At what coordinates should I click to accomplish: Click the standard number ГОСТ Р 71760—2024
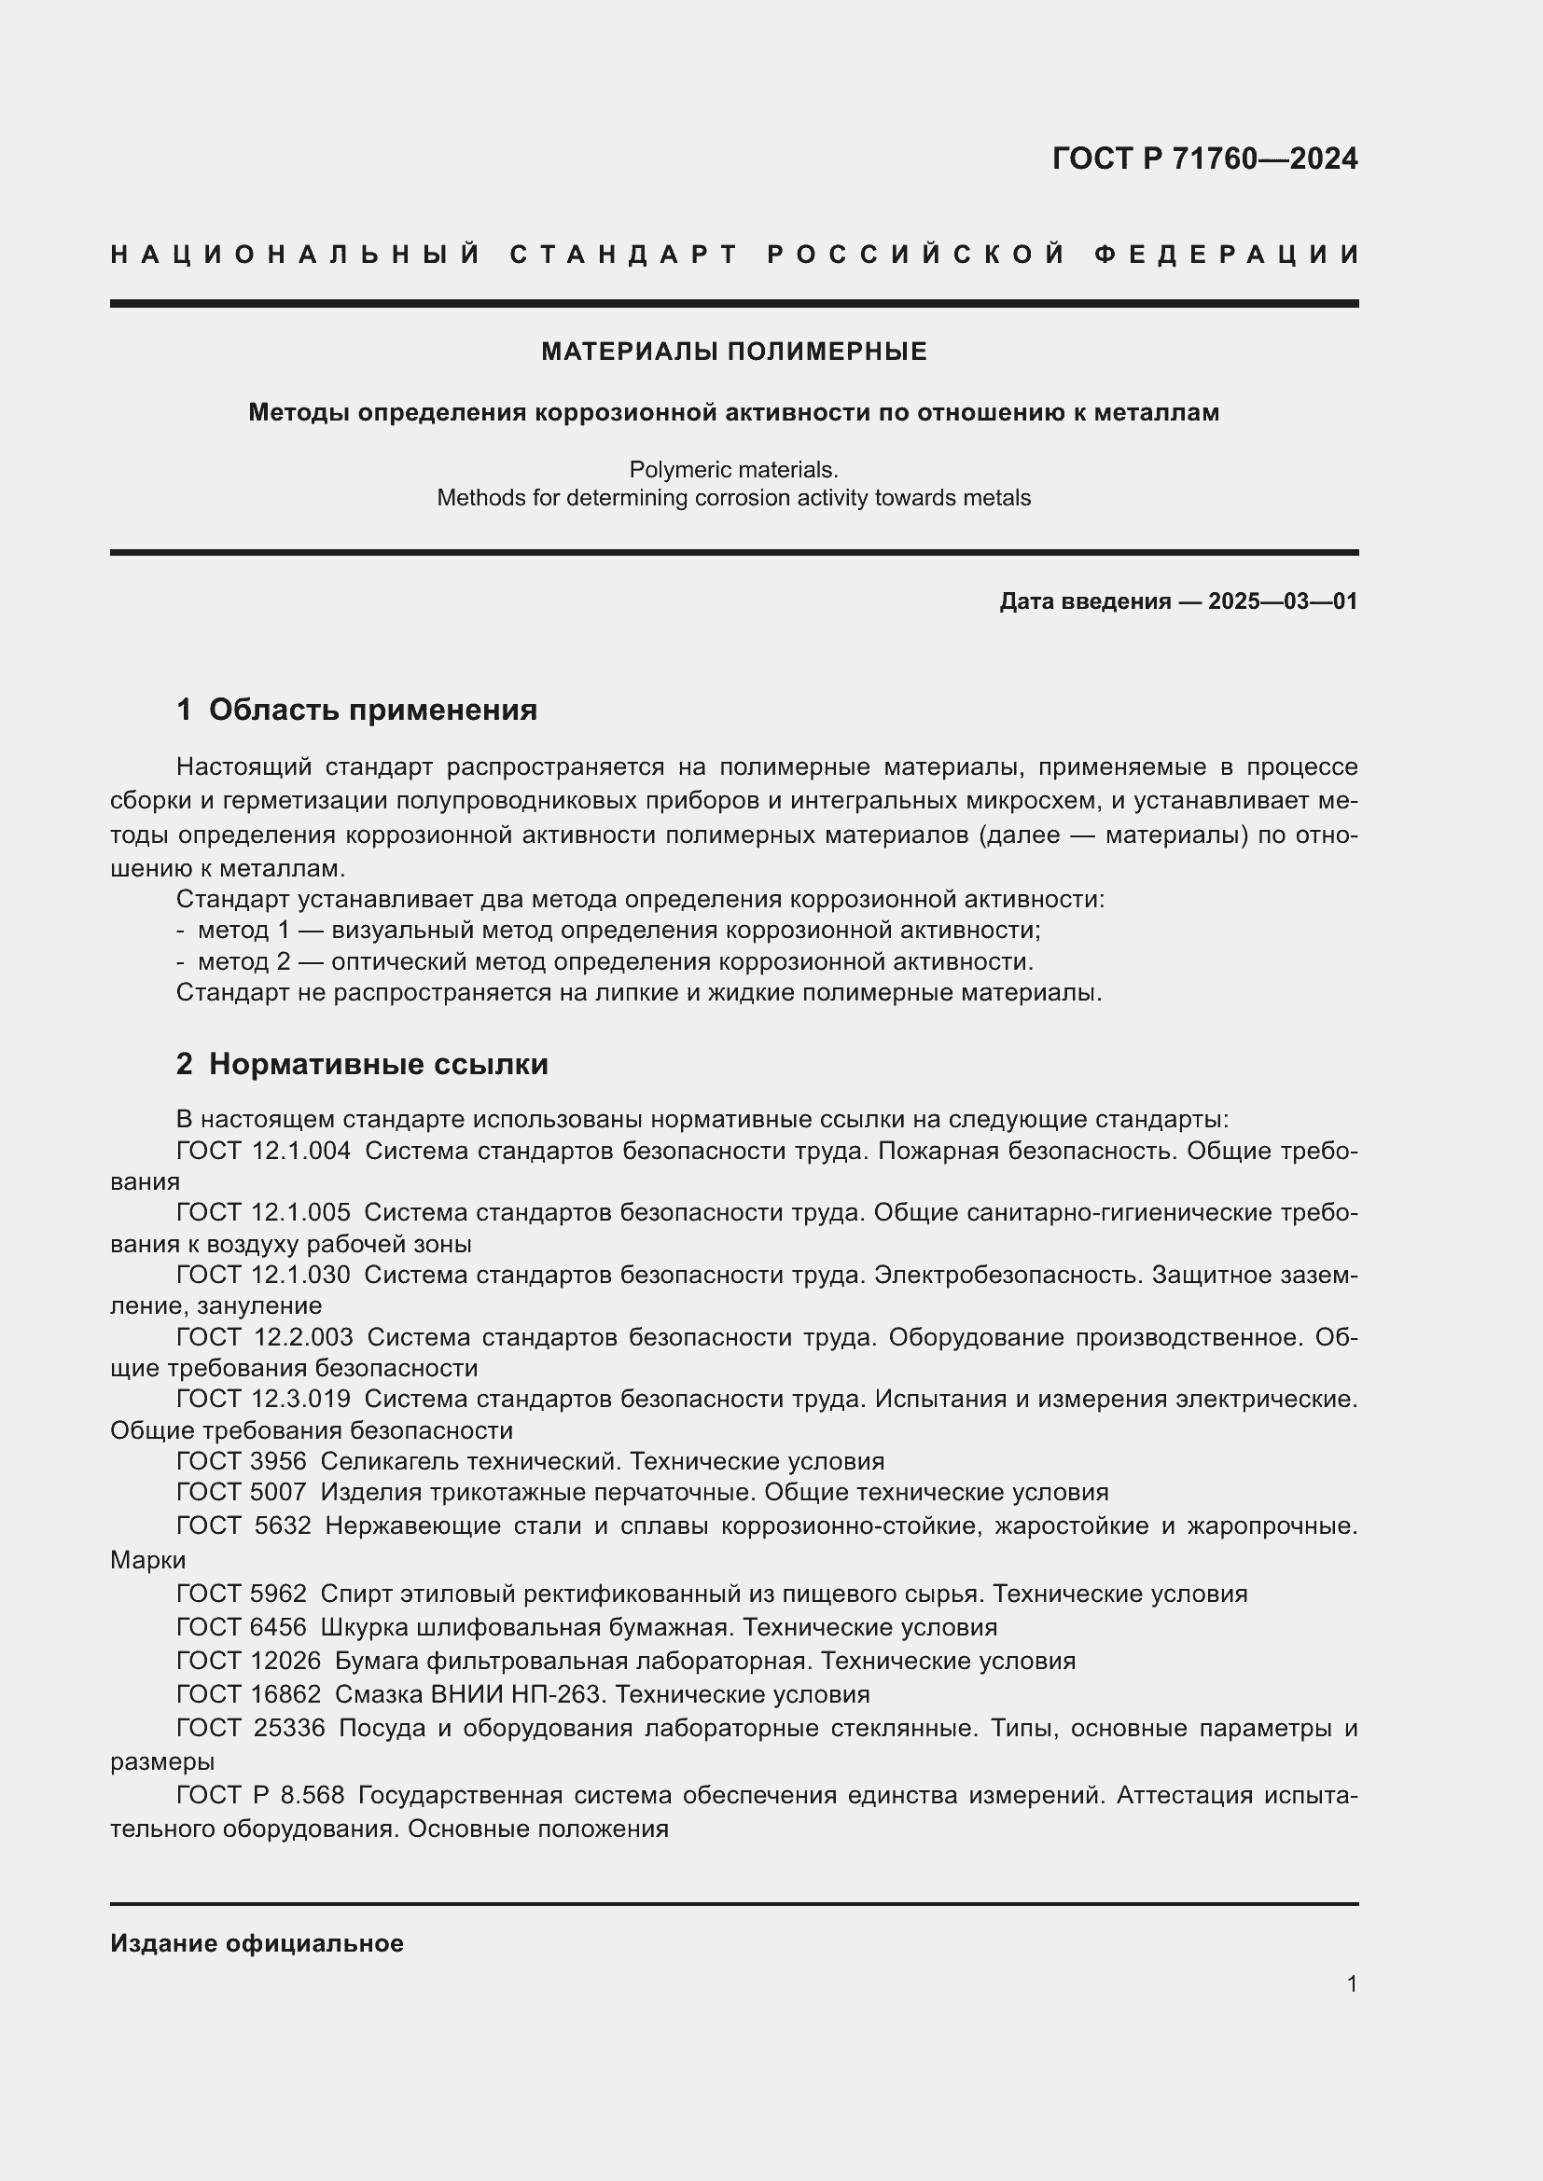(1203, 159)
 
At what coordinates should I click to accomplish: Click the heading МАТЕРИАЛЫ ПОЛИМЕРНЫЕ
(733, 352)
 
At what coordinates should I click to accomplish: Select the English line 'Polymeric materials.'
(733, 469)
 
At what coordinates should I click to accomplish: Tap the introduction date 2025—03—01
(1282, 601)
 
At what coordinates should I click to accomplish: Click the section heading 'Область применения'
(372, 710)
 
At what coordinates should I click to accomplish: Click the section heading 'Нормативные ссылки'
(378, 1064)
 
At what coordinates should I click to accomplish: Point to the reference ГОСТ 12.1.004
(263, 1152)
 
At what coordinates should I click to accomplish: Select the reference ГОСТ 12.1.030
(263, 1275)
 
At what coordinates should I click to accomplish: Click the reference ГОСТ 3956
(242, 1461)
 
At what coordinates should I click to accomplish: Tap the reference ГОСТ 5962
(242, 1593)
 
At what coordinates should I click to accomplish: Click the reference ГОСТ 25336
(251, 1728)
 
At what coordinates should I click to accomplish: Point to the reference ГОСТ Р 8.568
(260, 1795)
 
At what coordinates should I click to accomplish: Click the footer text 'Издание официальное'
(257, 1943)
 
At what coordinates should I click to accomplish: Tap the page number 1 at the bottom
(1351, 1983)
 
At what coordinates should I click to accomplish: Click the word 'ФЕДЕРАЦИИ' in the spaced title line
(1226, 255)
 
